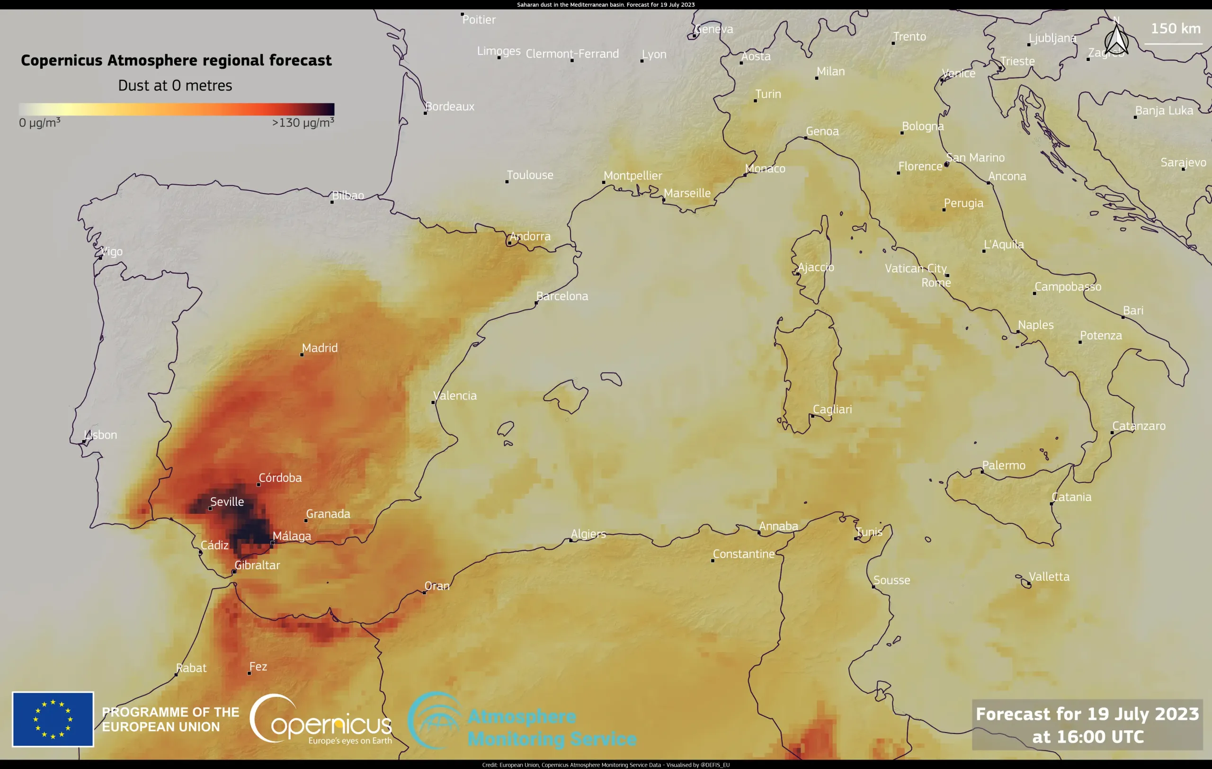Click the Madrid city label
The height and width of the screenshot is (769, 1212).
320,348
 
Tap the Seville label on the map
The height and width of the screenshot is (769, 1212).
227,502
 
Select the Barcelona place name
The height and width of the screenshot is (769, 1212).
562,296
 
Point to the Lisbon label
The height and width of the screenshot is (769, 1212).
101,435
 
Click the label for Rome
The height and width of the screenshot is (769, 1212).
936,283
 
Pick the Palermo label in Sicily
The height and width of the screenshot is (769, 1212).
1004,465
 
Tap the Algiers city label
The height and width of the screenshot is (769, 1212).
588,534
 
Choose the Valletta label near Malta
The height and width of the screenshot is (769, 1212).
1049,577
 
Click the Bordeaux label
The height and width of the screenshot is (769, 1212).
449,106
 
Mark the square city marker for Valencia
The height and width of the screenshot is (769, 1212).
433,402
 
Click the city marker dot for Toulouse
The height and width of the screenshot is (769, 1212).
507,182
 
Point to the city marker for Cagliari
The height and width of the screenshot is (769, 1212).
813,416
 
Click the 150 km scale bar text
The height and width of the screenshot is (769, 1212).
1176,28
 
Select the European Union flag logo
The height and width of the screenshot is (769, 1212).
53,719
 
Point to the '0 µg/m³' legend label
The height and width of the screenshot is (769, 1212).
40,123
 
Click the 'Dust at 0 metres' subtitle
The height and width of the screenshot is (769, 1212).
175,86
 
